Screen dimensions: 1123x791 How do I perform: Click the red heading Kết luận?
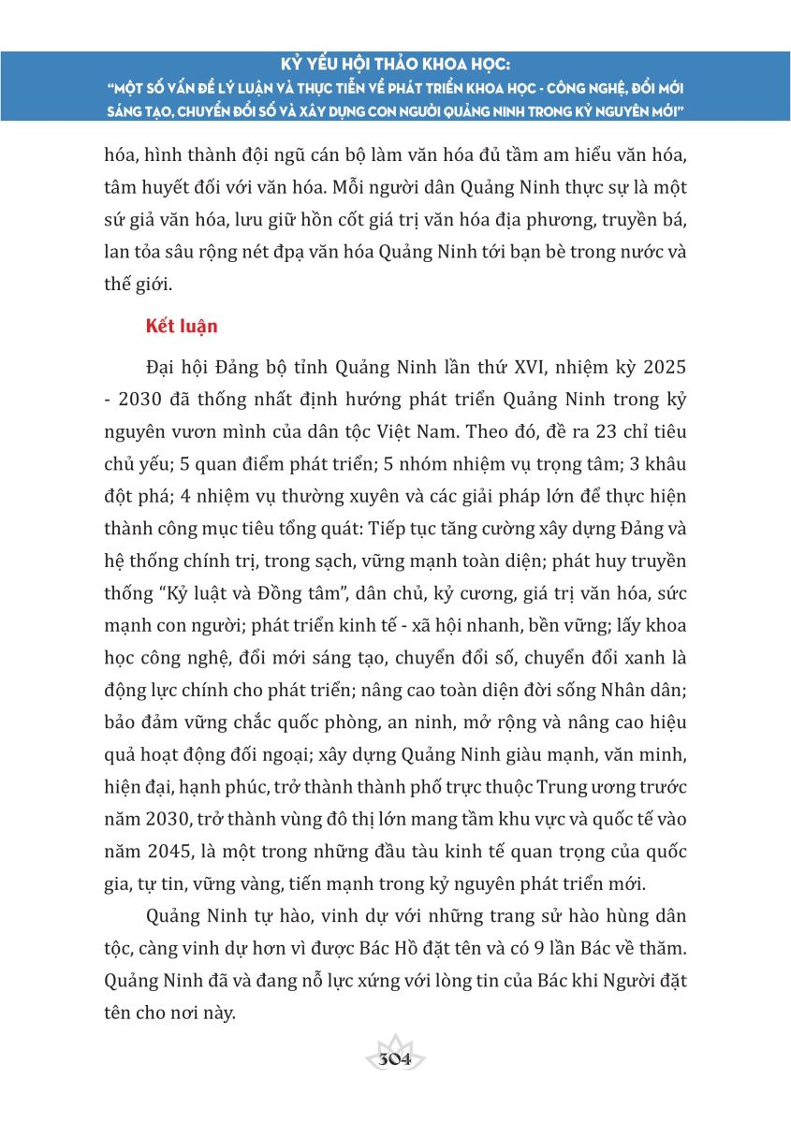point(182,327)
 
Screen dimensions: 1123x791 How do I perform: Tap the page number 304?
point(395,1060)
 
